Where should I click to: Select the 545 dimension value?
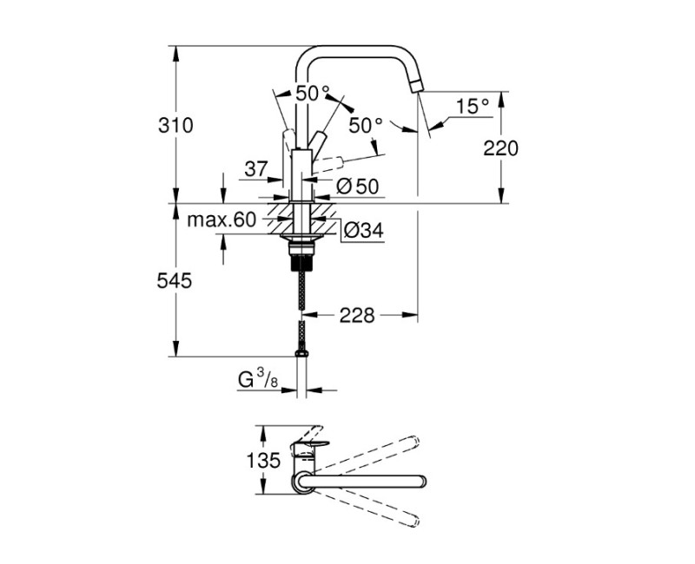click(175, 280)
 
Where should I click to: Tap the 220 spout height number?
click(500, 148)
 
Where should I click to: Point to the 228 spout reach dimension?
click(357, 316)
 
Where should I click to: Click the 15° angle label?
click(473, 107)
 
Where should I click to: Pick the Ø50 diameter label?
click(356, 185)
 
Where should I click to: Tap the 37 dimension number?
click(255, 168)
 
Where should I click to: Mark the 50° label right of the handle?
click(365, 125)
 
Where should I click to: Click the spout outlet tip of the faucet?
click(416, 84)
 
